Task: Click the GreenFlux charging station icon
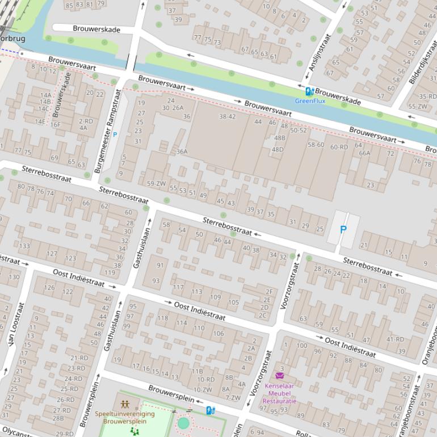point(309,91)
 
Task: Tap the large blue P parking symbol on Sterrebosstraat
point(343,230)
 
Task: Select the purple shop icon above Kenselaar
point(279,376)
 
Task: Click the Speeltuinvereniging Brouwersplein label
point(124,418)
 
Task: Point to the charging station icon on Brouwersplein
point(210,410)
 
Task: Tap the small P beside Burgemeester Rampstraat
point(115,135)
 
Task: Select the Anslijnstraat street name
point(318,55)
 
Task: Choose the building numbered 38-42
point(227,116)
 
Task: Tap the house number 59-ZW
point(156,183)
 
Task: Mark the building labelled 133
point(24,246)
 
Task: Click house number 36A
point(182,152)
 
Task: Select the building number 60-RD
point(339,147)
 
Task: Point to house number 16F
point(55,125)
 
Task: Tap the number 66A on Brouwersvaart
point(364,153)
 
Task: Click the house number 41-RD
point(395,339)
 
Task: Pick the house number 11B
point(196,371)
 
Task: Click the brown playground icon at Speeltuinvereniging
point(125,405)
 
